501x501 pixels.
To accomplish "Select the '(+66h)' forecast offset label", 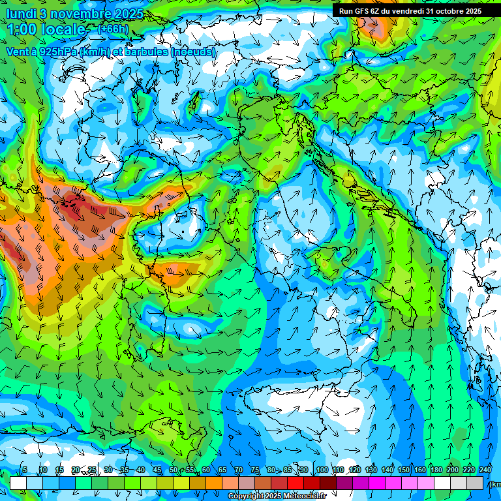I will [113, 29].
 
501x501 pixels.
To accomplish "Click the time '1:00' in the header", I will [23, 29].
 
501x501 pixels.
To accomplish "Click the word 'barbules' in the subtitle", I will [147, 51].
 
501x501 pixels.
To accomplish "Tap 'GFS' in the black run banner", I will [369, 11].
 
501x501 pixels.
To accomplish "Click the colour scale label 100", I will [322, 470].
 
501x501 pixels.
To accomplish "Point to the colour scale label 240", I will [485, 470].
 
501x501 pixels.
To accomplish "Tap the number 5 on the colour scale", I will [25, 470].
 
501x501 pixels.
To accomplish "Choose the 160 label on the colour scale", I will [420, 470].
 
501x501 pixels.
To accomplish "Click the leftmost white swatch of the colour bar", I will [18, 483].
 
